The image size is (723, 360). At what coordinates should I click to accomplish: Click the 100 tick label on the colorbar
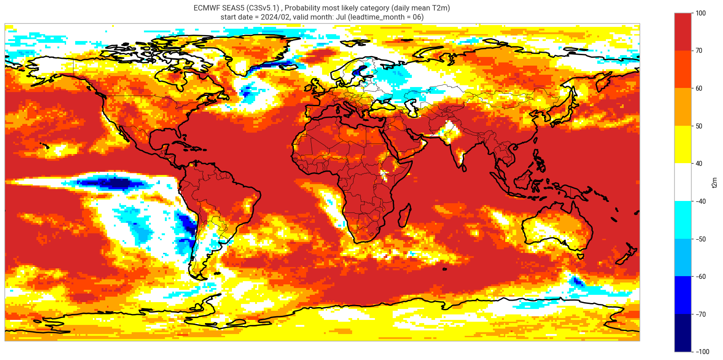point(701,13)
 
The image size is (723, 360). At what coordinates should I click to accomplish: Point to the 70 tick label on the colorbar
point(699,51)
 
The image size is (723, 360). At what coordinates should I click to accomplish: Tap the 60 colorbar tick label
point(699,88)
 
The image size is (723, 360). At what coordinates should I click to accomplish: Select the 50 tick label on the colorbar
point(699,126)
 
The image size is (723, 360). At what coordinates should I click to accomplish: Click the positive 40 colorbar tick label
point(699,164)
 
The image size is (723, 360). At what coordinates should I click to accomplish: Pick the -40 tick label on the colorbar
point(700,201)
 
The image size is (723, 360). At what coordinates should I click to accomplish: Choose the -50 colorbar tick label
point(700,239)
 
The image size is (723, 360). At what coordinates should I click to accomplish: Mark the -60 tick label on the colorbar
point(700,277)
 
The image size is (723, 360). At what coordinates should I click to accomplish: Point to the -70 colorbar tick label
point(700,314)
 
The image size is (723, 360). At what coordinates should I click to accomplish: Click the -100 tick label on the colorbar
point(702,352)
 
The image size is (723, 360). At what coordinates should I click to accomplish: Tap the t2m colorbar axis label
point(714,182)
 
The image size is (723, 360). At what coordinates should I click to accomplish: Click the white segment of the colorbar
point(682,182)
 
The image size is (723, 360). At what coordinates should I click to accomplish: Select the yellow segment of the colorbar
point(682,145)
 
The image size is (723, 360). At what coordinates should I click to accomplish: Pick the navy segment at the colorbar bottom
point(682,333)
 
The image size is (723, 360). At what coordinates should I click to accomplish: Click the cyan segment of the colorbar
point(682,220)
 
